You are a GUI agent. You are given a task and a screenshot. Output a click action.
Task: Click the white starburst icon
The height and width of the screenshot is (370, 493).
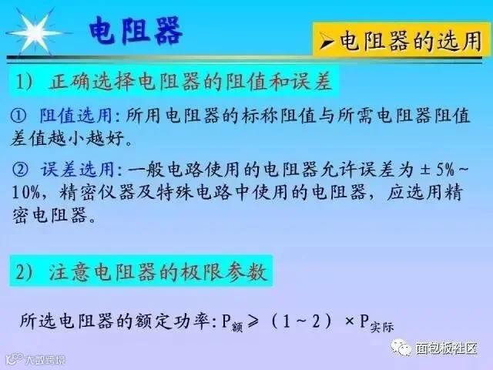(x=35, y=32)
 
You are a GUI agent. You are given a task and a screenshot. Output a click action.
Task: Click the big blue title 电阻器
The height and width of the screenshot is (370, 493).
(x=136, y=30)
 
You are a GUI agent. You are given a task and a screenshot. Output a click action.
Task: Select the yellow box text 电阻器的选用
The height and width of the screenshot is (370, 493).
(x=411, y=41)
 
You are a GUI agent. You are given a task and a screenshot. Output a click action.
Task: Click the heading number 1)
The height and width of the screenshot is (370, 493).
(x=25, y=82)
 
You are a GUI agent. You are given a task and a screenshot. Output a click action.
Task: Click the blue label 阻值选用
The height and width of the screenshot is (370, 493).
(x=75, y=116)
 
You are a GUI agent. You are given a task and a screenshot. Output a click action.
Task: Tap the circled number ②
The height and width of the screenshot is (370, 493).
(x=20, y=170)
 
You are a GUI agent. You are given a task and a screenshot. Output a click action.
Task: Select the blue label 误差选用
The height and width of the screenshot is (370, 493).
(x=77, y=170)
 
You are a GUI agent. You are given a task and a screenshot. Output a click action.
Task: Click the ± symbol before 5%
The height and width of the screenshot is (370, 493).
(x=424, y=170)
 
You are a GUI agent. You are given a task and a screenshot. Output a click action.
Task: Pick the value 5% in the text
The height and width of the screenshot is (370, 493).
(x=445, y=170)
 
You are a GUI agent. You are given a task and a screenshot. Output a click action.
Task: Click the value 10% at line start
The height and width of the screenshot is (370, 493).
(x=26, y=192)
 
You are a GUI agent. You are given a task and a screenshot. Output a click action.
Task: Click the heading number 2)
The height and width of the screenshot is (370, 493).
(x=25, y=271)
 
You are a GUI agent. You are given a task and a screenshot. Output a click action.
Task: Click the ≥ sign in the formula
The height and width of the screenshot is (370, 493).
(x=253, y=321)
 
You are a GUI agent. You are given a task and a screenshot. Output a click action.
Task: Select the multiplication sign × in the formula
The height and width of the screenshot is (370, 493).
(x=349, y=321)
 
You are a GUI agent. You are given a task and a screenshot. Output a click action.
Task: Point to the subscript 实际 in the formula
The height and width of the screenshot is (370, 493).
(x=382, y=327)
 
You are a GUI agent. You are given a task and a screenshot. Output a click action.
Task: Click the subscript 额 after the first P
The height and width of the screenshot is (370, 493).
(x=237, y=328)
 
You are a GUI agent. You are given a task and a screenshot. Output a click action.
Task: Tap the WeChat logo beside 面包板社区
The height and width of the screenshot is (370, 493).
(x=401, y=347)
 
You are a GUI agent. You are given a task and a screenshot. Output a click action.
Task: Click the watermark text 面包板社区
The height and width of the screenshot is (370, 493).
(x=446, y=348)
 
